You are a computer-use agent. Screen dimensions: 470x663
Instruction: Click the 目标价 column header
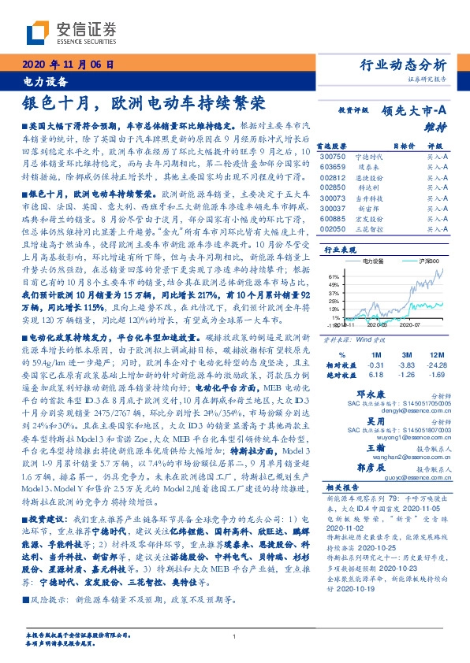(x=403, y=146)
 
